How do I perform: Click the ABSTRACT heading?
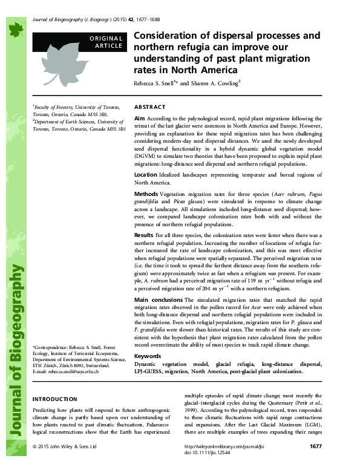(x=149, y=105)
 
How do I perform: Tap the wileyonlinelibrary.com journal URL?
(x=218, y=463)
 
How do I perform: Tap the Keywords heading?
(x=148, y=356)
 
